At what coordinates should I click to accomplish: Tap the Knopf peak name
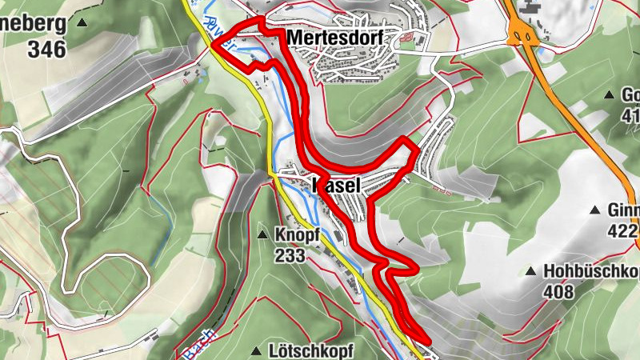[x=297, y=236]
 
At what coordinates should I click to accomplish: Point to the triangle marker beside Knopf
[x=262, y=235]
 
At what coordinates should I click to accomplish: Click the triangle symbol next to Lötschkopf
[x=256, y=351]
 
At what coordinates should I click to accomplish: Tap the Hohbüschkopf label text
[x=591, y=271]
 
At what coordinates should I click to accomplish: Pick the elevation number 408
[x=558, y=291]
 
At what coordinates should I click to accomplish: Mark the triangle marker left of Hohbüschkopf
[x=530, y=272]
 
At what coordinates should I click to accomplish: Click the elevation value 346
[x=45, y=48]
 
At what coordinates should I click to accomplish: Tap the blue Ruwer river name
[x=220, y=34]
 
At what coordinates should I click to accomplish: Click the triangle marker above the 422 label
[x=594, y=210]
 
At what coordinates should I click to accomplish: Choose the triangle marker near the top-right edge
[x=606, y=94]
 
